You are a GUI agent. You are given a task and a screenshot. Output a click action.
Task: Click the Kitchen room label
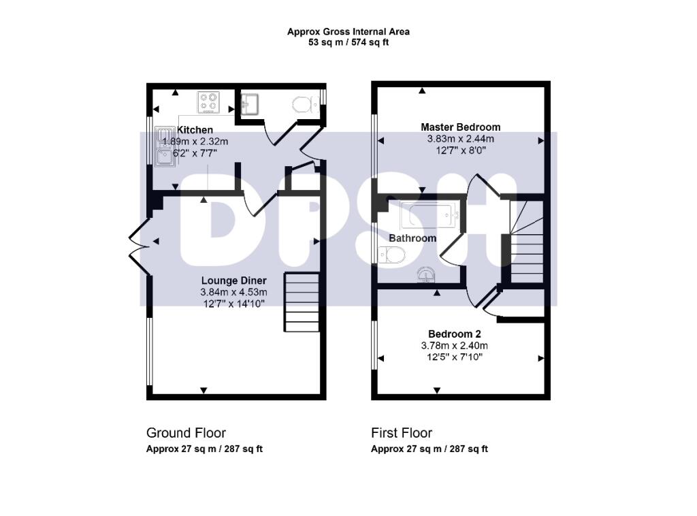pyautogui.click(x=195, y=130)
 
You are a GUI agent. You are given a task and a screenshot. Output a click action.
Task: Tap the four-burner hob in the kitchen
pyautogui.click(x=208, y=102)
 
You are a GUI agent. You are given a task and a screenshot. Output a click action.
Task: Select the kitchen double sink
pyautogui.click(x=165, y=146)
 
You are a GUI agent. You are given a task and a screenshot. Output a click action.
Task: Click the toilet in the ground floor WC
pyautogui.click(x=303, y=105)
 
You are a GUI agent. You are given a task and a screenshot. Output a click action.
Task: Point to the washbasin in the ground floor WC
pyautogui.click(x=249, y=104)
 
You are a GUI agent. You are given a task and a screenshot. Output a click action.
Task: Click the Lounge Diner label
pyautogui.click(x=234, y=280)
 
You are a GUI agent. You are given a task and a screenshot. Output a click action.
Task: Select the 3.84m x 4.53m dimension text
pyautogui.click(x=234, y=292)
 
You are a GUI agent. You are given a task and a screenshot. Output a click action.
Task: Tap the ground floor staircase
pyautogui.click(x=302, y=302)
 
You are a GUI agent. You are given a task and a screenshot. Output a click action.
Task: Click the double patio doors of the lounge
pyautogui.click(x=139, y=245)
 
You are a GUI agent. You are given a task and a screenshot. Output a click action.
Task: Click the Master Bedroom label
pyautogui.click(x=461, y=127)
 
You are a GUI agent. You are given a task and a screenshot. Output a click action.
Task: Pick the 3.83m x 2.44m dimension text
pyautogui.click(x=461, y=139)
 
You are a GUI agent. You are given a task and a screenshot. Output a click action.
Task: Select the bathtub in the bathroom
pyautogui.click(x=429, y=214)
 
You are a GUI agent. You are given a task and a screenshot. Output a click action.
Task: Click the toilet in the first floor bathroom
pyautogui.click(x=392, y=255)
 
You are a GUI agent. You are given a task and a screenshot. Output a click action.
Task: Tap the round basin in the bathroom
pyautogui.click(x=427, y=274)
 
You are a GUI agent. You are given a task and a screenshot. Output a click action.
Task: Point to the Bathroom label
pyautogui.click(x=412, y=238)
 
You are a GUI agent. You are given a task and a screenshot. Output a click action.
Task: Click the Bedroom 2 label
pyautogui.click(x=454, y=334)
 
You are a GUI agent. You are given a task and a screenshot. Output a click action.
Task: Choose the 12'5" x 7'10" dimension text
pyautogui.click(x=454, y=357)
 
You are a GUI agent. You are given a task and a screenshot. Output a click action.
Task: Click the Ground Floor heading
pyautogui.click(x=186, y=433)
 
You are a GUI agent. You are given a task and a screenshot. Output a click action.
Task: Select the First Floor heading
pyautogui.click(x=402, y=433)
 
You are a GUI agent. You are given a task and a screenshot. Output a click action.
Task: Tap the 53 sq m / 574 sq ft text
pyautogui.click(x=348, y=43)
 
